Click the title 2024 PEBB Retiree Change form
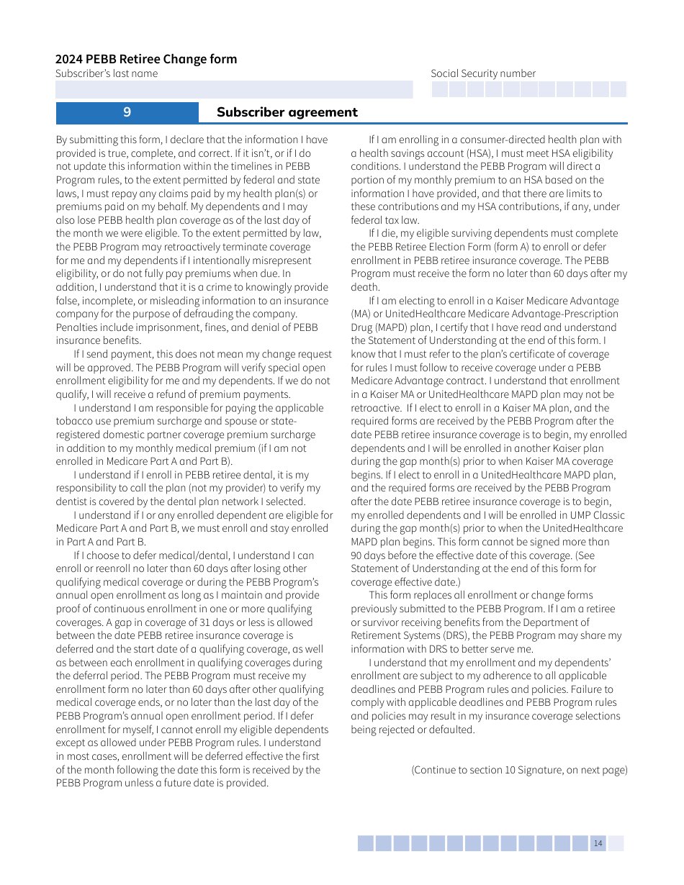(x=146, y=59)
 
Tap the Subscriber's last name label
(x=107, y=73)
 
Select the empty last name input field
(x=234, y=89)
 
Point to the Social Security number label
(x=483, y=73)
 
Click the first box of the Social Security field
(x=440, y=89)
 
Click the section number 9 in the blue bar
(x=127, y=112)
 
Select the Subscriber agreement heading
(x=287, y=112)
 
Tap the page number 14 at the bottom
(x=598, y=843)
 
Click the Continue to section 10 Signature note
(x=519, y=770)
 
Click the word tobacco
(x=75, y=422)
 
